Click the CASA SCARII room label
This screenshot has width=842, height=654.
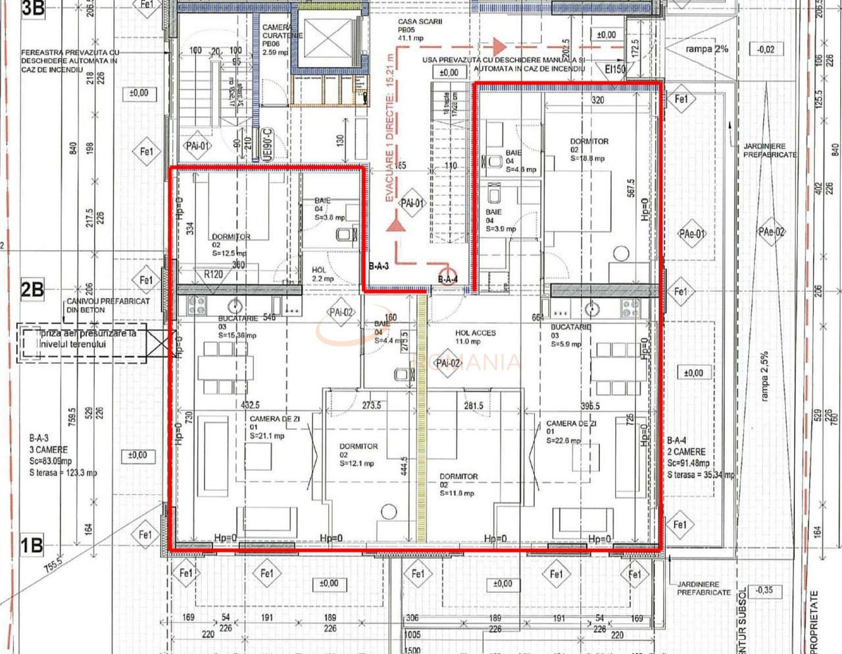[x=420, y=30]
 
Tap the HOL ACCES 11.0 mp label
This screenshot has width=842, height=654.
[x=475, y=337]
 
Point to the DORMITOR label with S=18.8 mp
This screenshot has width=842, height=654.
[x=588, y=149]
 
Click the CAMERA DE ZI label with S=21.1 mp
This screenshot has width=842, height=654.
[x=274, y=427]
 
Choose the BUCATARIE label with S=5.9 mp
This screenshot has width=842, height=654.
[x=571, y=335]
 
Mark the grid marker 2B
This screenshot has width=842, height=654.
[x=32, y=289]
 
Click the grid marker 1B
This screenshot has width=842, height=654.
[x=32, y=545]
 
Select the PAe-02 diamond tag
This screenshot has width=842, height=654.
[x=771, y=232]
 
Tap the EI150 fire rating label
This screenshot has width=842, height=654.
[x=615, y=68]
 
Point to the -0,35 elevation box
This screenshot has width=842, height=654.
[x=764, y=590]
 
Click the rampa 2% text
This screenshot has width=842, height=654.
[x=706, y=49]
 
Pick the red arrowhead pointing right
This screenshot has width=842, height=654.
[x=499, y=47]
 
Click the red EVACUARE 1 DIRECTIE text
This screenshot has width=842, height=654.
[x=390, y=128]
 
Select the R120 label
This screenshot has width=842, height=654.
[x=213, y=274]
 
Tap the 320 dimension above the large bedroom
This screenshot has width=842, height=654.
[x=597, y=100]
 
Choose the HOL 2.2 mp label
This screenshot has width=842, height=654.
[x=322, y=274]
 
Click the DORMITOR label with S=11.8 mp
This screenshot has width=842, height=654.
[x=458, y=484]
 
